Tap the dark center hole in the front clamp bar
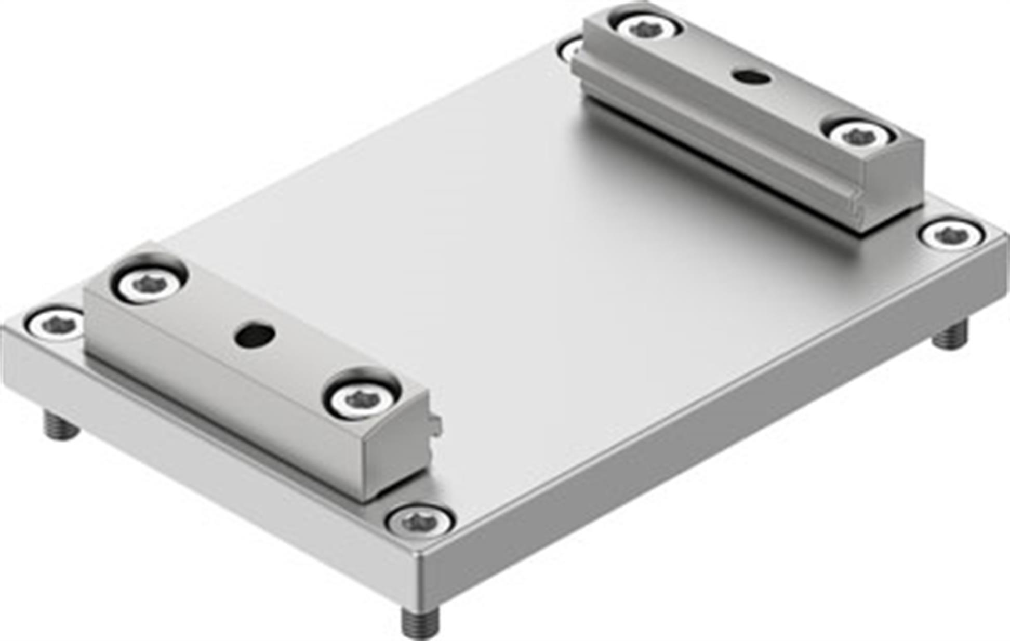255,335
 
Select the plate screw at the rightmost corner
952,235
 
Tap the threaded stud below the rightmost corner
951,335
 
